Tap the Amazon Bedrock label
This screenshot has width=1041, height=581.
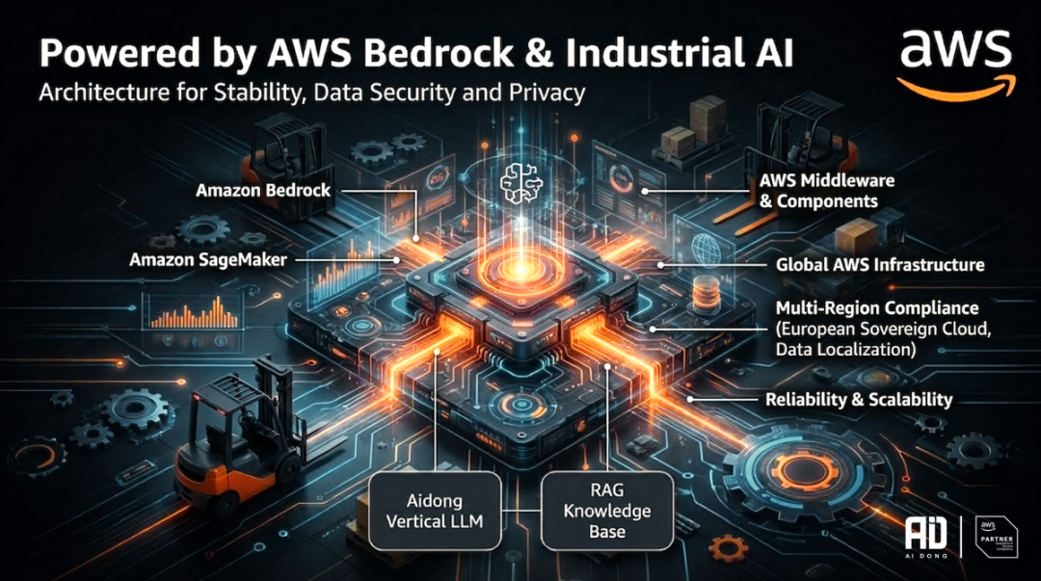263,190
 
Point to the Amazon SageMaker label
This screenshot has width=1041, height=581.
211,259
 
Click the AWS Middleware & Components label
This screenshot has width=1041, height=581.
827,191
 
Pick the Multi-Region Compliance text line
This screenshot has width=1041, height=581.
877,308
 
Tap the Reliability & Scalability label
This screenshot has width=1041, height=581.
858,398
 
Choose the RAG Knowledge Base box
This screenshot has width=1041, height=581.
605,510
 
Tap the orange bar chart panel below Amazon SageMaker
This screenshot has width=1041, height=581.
189,310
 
